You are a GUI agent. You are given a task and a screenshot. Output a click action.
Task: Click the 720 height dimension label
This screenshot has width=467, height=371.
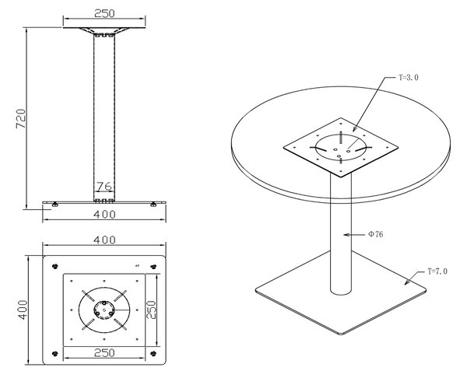[x=21, y=119]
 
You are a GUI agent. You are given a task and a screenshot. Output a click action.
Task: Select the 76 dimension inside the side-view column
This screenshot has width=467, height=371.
[x=104, y=187]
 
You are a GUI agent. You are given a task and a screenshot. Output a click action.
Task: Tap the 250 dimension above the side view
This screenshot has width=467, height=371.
[x=104, y=13]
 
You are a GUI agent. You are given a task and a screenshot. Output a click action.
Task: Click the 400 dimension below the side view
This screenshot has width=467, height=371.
[x=104, y=214]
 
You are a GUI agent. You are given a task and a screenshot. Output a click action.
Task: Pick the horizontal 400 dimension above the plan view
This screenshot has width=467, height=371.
[x=104, y=240]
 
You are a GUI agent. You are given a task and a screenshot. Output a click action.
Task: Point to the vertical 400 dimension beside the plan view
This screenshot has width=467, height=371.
[x=23, y=310]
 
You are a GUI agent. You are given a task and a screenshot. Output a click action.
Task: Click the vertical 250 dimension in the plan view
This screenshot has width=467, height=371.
[x=152, y=310]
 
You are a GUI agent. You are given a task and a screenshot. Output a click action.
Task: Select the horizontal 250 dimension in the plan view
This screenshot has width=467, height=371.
[x=104, y=353]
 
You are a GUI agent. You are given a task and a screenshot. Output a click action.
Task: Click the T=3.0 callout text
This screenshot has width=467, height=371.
[x=409, y=77]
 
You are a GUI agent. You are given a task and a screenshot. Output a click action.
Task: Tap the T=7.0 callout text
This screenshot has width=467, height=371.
[x=437, y=271]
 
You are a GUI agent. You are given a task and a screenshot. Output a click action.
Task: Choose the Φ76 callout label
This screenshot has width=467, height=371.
[x=376, y=234]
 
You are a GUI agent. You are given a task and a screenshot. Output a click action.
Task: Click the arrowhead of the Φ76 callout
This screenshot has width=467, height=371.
[x=346, y=235]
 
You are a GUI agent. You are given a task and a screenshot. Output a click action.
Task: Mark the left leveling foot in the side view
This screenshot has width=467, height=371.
[x=54, y=204]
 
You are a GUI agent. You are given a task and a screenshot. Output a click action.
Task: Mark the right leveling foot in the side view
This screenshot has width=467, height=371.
[x=153, y=204]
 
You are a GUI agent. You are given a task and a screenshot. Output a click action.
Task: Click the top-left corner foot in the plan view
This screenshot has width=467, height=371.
[x=54, y=266]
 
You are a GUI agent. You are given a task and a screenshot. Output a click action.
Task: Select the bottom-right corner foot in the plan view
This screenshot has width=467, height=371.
[x=153, y=353]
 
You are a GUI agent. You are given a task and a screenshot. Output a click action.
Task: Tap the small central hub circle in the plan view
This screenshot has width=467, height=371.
[x=104, y=310]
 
